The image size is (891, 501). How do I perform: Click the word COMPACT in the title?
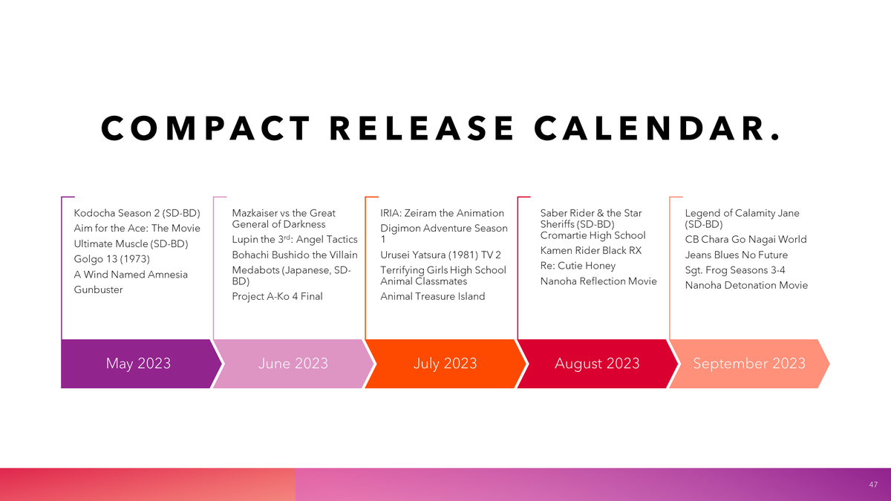click(206, 128)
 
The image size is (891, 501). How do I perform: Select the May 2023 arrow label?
click(138, 363)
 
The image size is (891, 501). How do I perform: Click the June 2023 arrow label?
click(293, 363)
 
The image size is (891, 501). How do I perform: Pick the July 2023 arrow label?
click(445, 363)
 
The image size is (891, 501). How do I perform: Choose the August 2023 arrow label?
click(597, 363)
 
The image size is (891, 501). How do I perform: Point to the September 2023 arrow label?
click(749, 363)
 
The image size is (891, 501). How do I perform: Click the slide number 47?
click(873, 485)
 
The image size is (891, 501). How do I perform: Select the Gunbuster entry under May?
click(98, 289)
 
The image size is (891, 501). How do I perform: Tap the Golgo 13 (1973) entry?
click(112, 259)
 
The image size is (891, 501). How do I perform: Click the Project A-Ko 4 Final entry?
click(277, 296)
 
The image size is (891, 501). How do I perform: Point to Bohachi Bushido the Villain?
click(295, 255)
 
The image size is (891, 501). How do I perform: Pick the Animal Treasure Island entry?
click(432, 296)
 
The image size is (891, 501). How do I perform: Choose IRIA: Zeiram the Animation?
click(442, 213)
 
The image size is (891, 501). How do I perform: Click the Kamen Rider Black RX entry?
click(591, 251)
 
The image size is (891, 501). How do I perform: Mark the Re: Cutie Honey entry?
click(578, 266)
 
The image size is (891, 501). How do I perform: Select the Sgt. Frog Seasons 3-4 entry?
click(735, 270)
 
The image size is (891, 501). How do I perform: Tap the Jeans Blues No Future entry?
click(737, 255)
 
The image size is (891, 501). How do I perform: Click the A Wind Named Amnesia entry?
click(131, 275)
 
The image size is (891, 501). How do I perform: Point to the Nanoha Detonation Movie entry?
click(746, 285)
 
